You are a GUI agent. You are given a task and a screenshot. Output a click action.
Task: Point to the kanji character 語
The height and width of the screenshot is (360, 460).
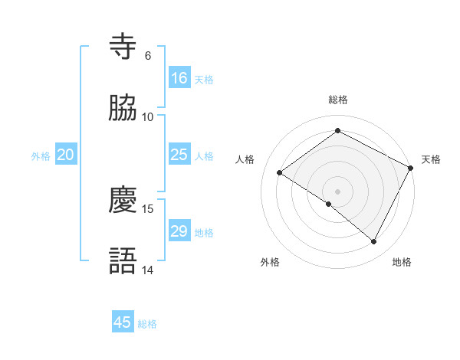point(124,261)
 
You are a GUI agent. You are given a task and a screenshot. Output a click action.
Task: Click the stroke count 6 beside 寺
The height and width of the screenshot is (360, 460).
point(148,56)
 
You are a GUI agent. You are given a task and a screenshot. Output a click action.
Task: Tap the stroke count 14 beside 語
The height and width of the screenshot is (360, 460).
point(148,270)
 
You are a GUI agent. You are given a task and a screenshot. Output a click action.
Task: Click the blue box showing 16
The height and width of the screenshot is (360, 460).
point(179,78)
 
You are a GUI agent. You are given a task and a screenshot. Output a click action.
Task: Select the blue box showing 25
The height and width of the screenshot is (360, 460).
point(179,155)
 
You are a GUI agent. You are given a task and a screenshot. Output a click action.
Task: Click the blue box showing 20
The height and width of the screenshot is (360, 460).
point(66,155)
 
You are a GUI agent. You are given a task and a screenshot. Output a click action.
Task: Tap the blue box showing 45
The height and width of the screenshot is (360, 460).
point(123,322)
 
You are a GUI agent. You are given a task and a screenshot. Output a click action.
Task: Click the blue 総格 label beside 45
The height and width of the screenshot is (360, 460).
point(147,324)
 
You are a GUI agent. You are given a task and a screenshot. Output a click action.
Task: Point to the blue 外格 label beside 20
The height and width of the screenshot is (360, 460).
point(41,156)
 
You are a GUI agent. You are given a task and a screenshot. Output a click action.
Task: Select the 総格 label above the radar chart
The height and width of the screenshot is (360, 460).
point(338,100)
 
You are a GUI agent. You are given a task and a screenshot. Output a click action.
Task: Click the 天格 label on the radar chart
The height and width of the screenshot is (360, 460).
point(431,159)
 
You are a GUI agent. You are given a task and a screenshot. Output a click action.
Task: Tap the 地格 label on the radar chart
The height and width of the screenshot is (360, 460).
point(402,263)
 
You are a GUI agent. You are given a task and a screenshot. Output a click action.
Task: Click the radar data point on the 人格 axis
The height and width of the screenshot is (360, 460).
point(280,173)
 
